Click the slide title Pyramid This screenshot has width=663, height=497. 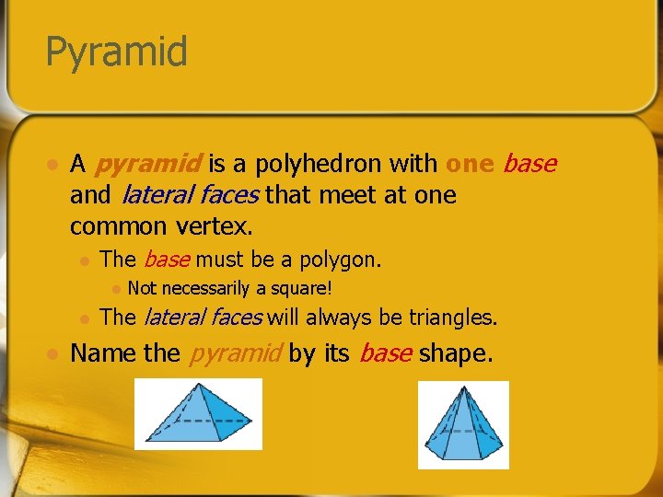pyautogui.click(x=116, y=52)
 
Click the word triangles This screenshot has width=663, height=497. pyautogui.click(x=451, y=318)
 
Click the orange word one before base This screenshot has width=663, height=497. pyautogui.click(x=470, y=164)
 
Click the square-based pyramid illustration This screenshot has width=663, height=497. pyautogui.click(x=198, y=414)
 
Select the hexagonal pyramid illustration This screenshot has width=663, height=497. pyautogui.click(x=463, y=424)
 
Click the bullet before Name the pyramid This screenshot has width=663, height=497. pyautogui.click(x=52, y=354)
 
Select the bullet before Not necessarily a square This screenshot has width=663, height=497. pyautogui.click(x=114, y=289)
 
